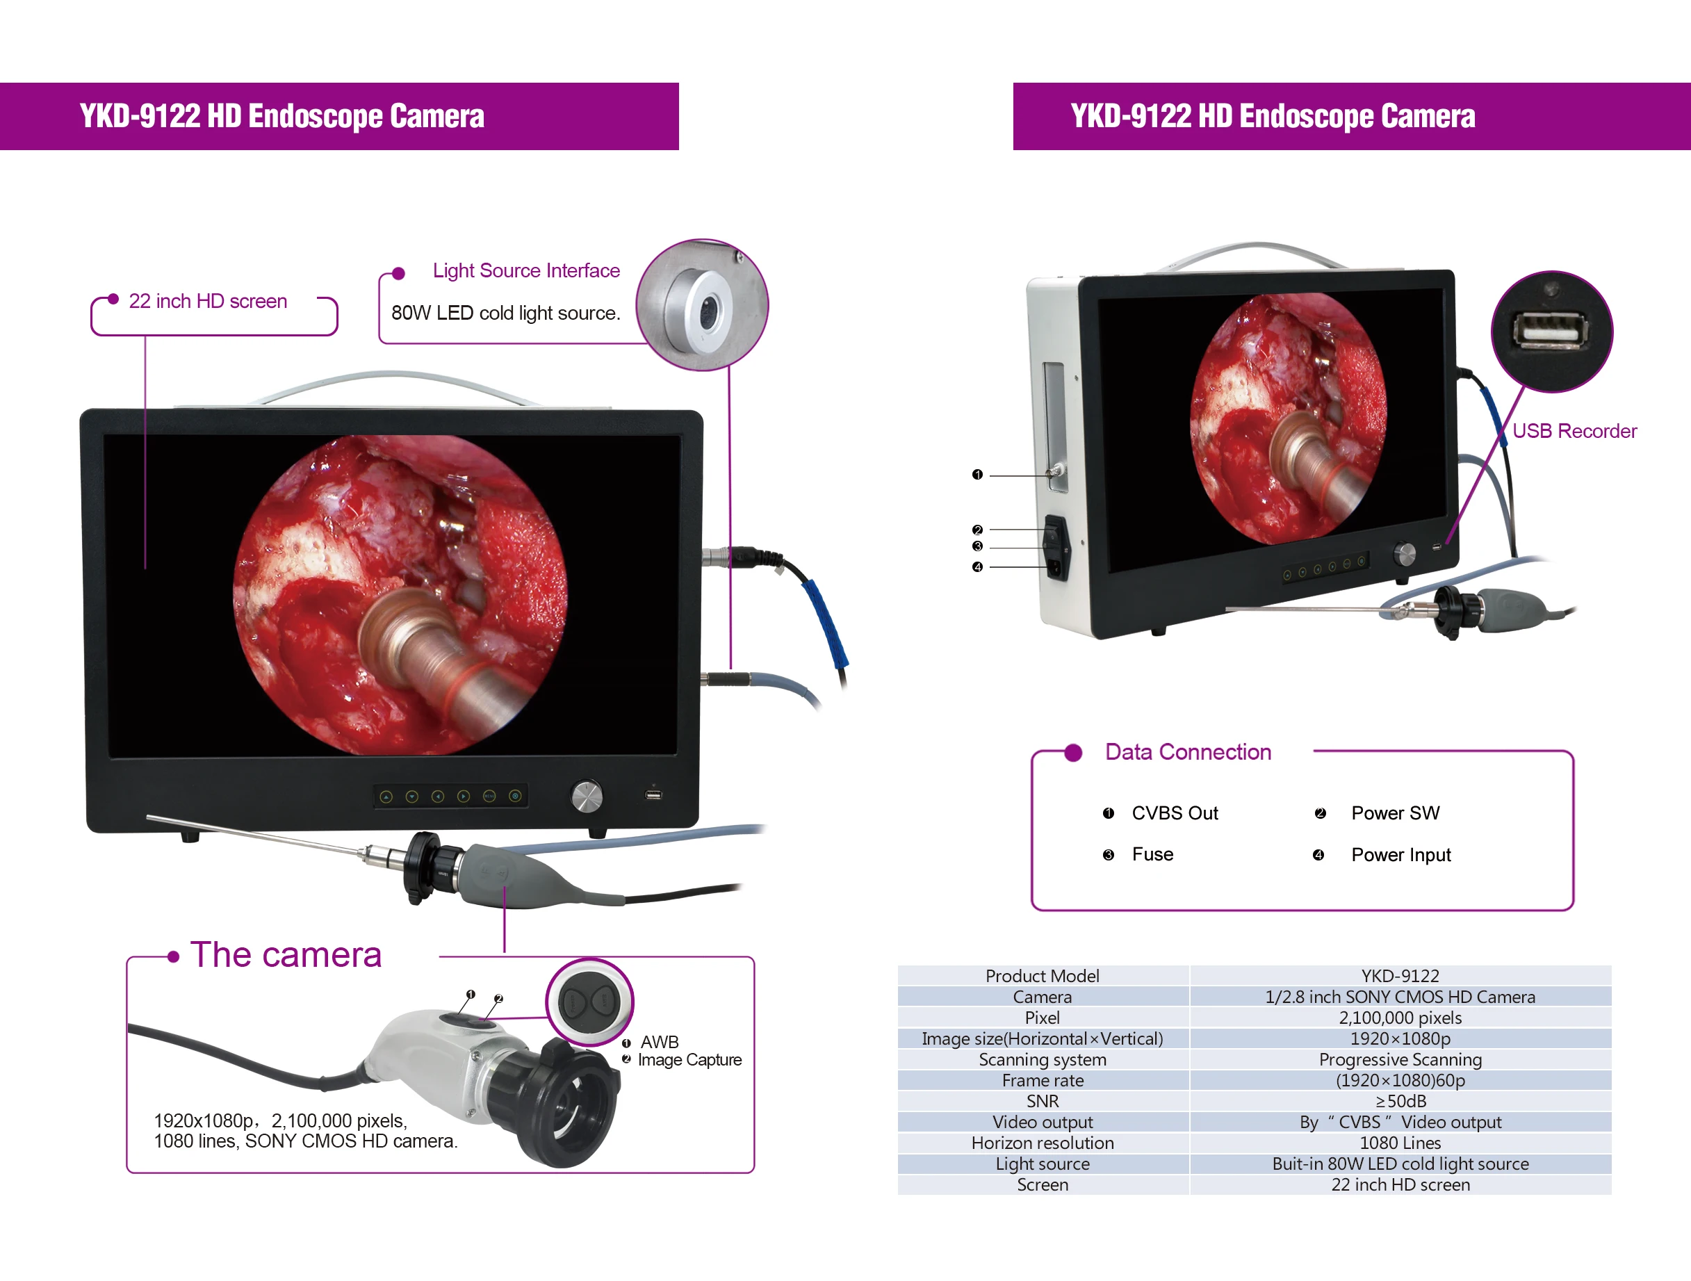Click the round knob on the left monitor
(x=587, y=797)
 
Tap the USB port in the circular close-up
(x=1551, y=330)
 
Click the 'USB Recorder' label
(x=1574, y=431)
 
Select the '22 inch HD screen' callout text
(x=208, y=301)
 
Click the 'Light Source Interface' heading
(x=526, y=270)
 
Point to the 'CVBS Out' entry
(x=1174, y=813)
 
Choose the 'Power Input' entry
(x=1400, y=854)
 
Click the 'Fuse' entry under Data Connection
(x=1152, y=854)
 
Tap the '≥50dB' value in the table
(x=1400, y=1102)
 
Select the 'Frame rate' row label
(x=1043, y=1081)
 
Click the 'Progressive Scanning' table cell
(x=1400, y=1059)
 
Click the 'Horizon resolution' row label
(x=1043, y=1143)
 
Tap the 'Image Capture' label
(x=689, y=1060)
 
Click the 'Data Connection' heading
(x=1188, y=752)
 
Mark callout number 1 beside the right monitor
(x=977, y=475)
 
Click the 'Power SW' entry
(x=1395, y=813)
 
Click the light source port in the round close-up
(x=706, y=309)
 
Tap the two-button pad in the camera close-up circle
(x=589, y=1002)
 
